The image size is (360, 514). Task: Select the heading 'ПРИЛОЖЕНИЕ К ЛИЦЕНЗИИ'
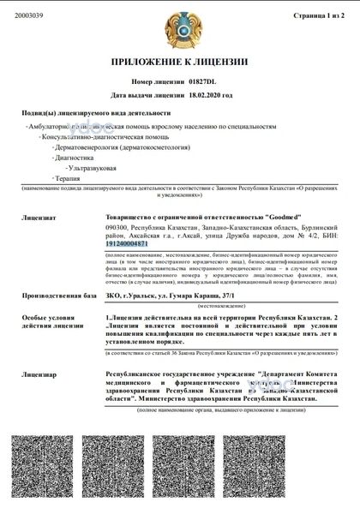(x=179, y=63)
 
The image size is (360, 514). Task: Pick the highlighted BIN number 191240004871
(x=129, y=244)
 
